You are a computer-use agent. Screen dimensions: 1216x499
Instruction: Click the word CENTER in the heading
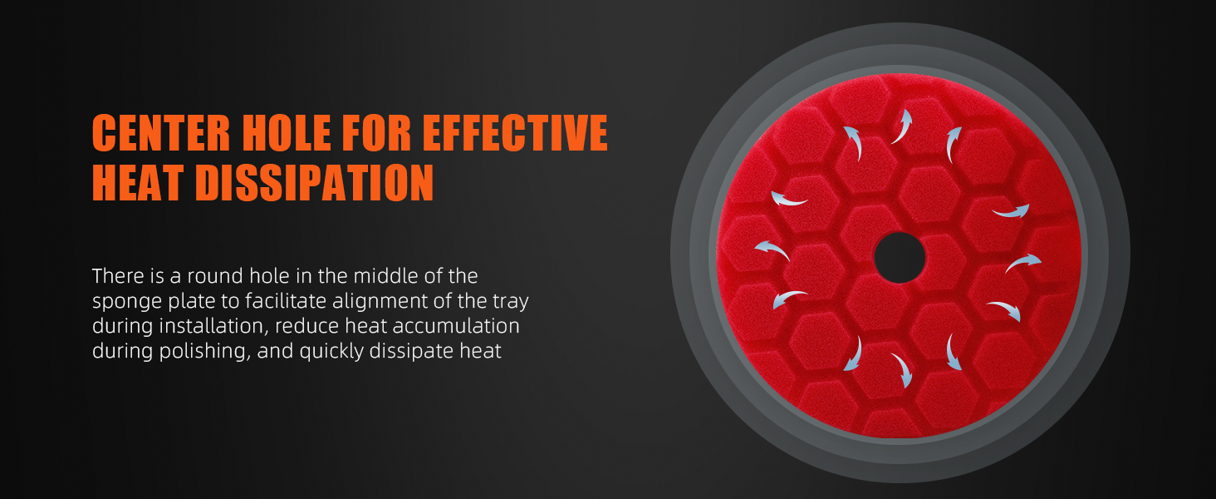coord(161,132)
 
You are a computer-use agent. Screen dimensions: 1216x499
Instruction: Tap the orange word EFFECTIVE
coord(515,132)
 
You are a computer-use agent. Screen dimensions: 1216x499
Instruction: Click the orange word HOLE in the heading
coord(287,132)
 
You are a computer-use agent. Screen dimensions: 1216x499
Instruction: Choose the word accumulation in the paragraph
coord(456,326)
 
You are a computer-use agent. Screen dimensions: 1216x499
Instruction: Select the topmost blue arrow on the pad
coord(902,126)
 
